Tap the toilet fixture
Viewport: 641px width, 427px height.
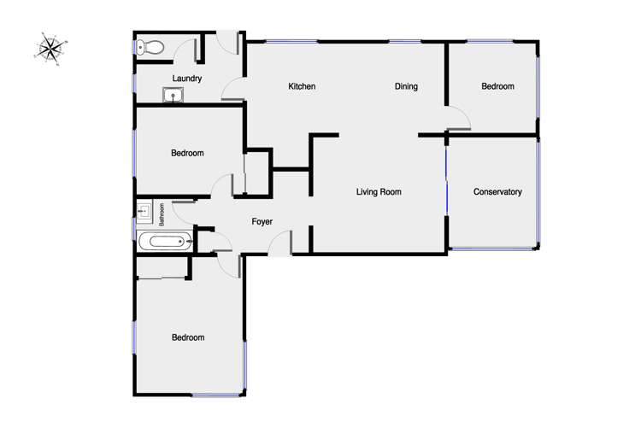(x=151, y=48)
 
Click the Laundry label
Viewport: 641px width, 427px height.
(x=186, y=79)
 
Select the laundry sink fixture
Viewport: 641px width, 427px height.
(x=174, y=95)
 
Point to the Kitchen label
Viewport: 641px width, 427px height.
(x=302, y=86)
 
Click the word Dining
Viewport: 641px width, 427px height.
(x=406, y=86)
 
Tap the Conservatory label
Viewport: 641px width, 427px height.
(x=497, y=192)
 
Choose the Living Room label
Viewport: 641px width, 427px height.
(x=379, y=192)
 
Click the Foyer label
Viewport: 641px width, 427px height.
(x=262, y=222)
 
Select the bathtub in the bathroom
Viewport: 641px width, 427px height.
(x=164, y=242)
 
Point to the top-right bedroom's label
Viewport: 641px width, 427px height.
(x=497, y=86)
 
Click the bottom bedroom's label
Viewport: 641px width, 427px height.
(x=188, y=337)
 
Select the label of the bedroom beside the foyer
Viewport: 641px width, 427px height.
(x=187, y=154)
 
